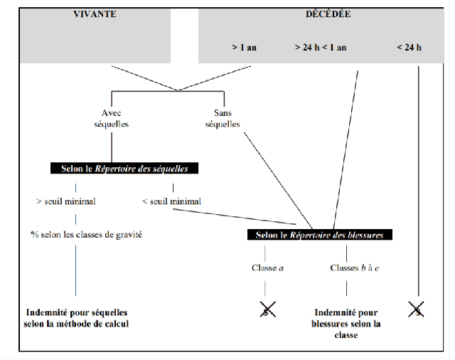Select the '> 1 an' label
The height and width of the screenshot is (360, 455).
coord(244,47)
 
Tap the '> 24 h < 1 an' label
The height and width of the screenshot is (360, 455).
coord(321,47)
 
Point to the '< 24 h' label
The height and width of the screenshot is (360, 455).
coord(409,47)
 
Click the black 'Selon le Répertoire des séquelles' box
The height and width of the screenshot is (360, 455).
coord(124,169)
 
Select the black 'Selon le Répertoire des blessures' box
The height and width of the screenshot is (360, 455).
coord(320,234)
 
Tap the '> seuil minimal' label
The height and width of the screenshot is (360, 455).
coord(65,201)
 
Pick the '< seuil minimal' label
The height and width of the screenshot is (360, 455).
coord(171,201)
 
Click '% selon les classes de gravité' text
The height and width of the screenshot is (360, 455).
coord(86,234)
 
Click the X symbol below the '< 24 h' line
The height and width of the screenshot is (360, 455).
coord(417,308)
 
